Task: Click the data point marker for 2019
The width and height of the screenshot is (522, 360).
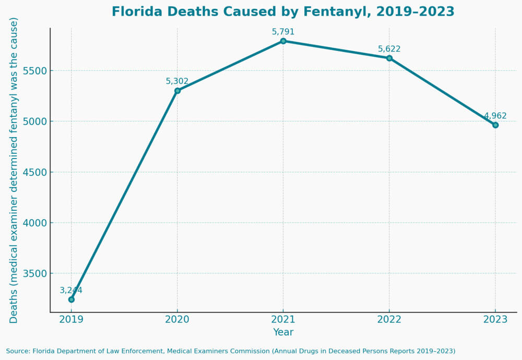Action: point(72,299)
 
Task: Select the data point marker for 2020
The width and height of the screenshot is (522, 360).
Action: point(177,91)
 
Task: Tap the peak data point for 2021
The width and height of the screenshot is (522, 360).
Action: point(283,41)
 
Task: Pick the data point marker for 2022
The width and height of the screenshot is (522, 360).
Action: point(389,58)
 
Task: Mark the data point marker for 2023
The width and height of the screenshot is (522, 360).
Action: point(495,125)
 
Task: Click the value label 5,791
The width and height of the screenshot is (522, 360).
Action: point(283,32)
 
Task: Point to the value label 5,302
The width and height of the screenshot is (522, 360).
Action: point(177,81)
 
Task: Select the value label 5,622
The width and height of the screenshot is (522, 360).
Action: point(389,49)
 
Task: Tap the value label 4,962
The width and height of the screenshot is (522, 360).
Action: point(495,116)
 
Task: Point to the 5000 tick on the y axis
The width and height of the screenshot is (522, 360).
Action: point(33,122)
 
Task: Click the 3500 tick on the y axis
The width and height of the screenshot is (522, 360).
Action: point(33,273)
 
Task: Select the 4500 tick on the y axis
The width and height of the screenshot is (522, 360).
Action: point(33,172)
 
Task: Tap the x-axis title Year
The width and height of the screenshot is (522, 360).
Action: point(283,332)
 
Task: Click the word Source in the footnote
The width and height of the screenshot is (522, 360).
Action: point(18,351)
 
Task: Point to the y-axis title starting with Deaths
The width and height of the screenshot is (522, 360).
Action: point(14,170)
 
